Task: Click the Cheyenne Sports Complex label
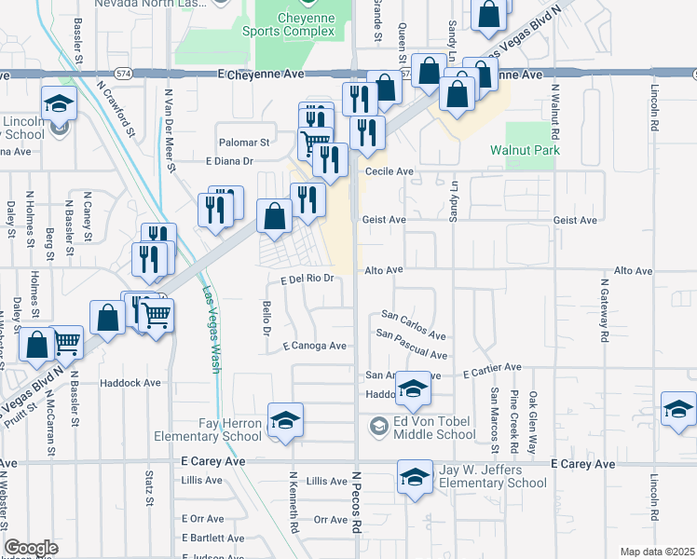point(307,23)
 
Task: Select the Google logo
point(31,548)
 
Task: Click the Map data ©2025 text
point(657,552)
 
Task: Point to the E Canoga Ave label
point(315,346)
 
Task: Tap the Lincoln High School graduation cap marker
point(60,102)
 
